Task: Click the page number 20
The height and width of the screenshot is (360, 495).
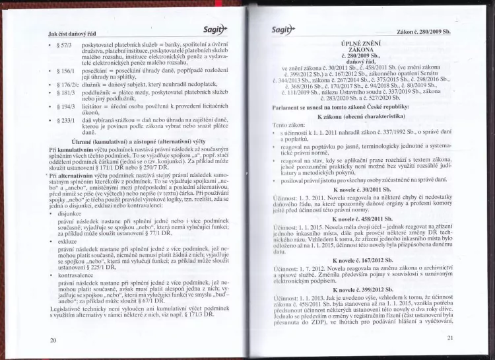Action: (53, 340)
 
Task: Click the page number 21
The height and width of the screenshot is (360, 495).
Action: (449, 338)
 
